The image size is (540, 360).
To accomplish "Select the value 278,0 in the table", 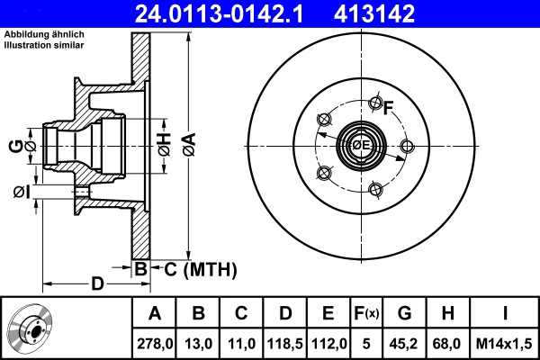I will tap(154, 343).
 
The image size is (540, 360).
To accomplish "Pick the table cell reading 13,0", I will tap(198, 343).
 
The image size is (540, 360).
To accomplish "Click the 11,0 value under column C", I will tap(241, 343).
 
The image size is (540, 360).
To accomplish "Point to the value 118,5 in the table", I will tap(284, 343).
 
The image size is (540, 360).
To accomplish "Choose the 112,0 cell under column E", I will tap(328, 343).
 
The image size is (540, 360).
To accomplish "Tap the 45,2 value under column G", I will tap(404, 343).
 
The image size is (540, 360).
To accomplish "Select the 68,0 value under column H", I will tap(447, 343).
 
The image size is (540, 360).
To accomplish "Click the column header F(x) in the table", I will tap(365, 314).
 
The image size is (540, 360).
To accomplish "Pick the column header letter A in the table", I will tap(154, 314).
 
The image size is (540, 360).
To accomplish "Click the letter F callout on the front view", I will tap(389, 110).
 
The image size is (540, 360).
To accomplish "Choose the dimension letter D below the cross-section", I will tap(97, 284).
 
